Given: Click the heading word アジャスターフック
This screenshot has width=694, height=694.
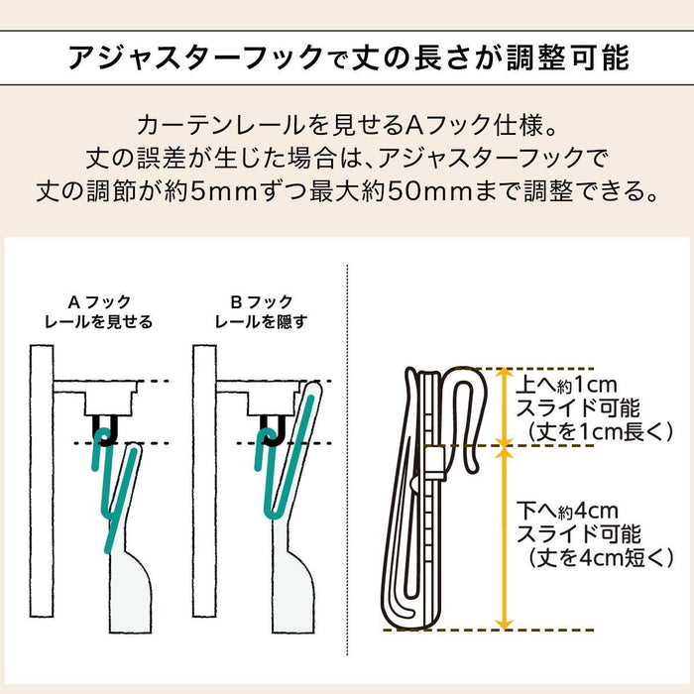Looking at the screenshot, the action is pos(196,58).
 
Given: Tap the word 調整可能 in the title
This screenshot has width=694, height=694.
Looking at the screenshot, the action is pos(568,58).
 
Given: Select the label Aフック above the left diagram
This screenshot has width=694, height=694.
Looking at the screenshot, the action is pos(99,302).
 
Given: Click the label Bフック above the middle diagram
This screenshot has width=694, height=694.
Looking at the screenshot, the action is pos(262,302).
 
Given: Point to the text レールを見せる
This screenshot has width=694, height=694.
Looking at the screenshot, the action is pos(99,322).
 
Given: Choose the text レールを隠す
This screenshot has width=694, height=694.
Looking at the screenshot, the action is pos(261,322).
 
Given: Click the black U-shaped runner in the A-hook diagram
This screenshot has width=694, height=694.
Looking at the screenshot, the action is pos(105,430).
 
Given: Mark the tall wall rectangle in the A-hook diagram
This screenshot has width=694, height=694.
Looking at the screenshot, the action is pos(42,481).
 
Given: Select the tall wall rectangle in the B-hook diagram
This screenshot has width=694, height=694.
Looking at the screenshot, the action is pos(204,481).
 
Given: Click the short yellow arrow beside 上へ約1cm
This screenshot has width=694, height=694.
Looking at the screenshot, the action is pos(504,406).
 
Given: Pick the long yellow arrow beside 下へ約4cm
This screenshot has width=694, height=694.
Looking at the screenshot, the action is pos(504,537).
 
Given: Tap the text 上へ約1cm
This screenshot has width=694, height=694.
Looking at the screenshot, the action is pos(566,385).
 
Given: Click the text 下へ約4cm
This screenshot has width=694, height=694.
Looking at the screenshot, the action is pos(567,512).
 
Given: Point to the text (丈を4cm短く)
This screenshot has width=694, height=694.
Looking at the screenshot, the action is pos(601,558).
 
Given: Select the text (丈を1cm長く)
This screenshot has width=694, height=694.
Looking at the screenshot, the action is pos(601,432).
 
